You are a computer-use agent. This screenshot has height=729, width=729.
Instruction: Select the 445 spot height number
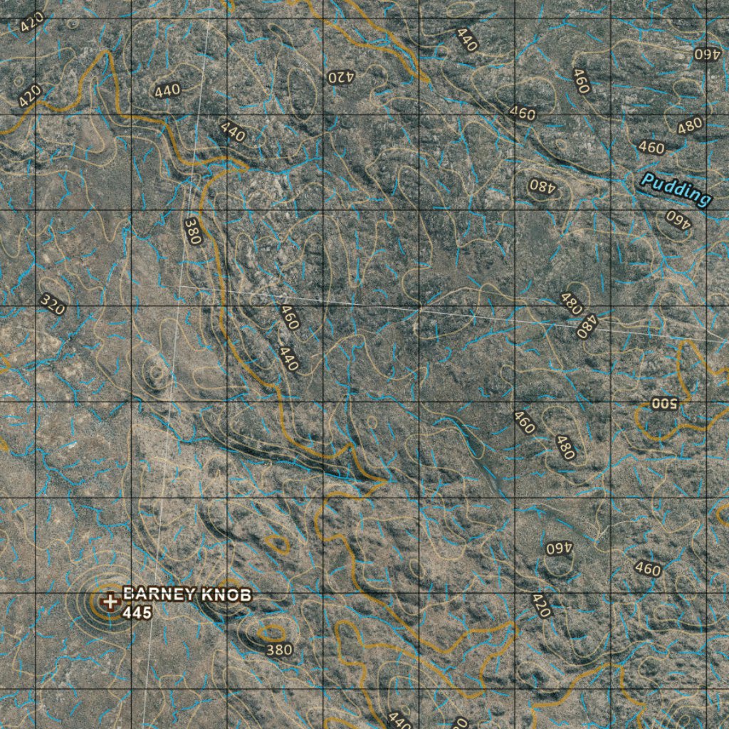pos(137,612)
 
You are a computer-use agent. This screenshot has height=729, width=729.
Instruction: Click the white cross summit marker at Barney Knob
pos(110,602)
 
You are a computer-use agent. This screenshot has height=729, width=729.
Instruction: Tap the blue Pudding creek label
pos(676,189)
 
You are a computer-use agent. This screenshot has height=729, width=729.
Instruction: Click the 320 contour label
pos(52,305)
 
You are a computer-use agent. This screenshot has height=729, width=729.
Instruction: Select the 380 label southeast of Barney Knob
pos(278,649)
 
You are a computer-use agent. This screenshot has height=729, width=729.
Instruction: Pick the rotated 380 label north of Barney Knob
pos(192,231)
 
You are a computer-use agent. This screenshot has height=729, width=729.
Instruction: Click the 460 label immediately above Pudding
pos(651,148)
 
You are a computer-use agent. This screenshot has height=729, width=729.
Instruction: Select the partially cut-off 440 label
pos(399,720)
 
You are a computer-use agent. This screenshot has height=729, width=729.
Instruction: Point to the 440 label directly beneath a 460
pos(288,357)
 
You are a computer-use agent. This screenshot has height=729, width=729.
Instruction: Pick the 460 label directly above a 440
pos(289,317)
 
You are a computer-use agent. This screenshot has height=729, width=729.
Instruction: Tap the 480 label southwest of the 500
pos(565,447)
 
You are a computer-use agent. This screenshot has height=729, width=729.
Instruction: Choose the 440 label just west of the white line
pos(167,90)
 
